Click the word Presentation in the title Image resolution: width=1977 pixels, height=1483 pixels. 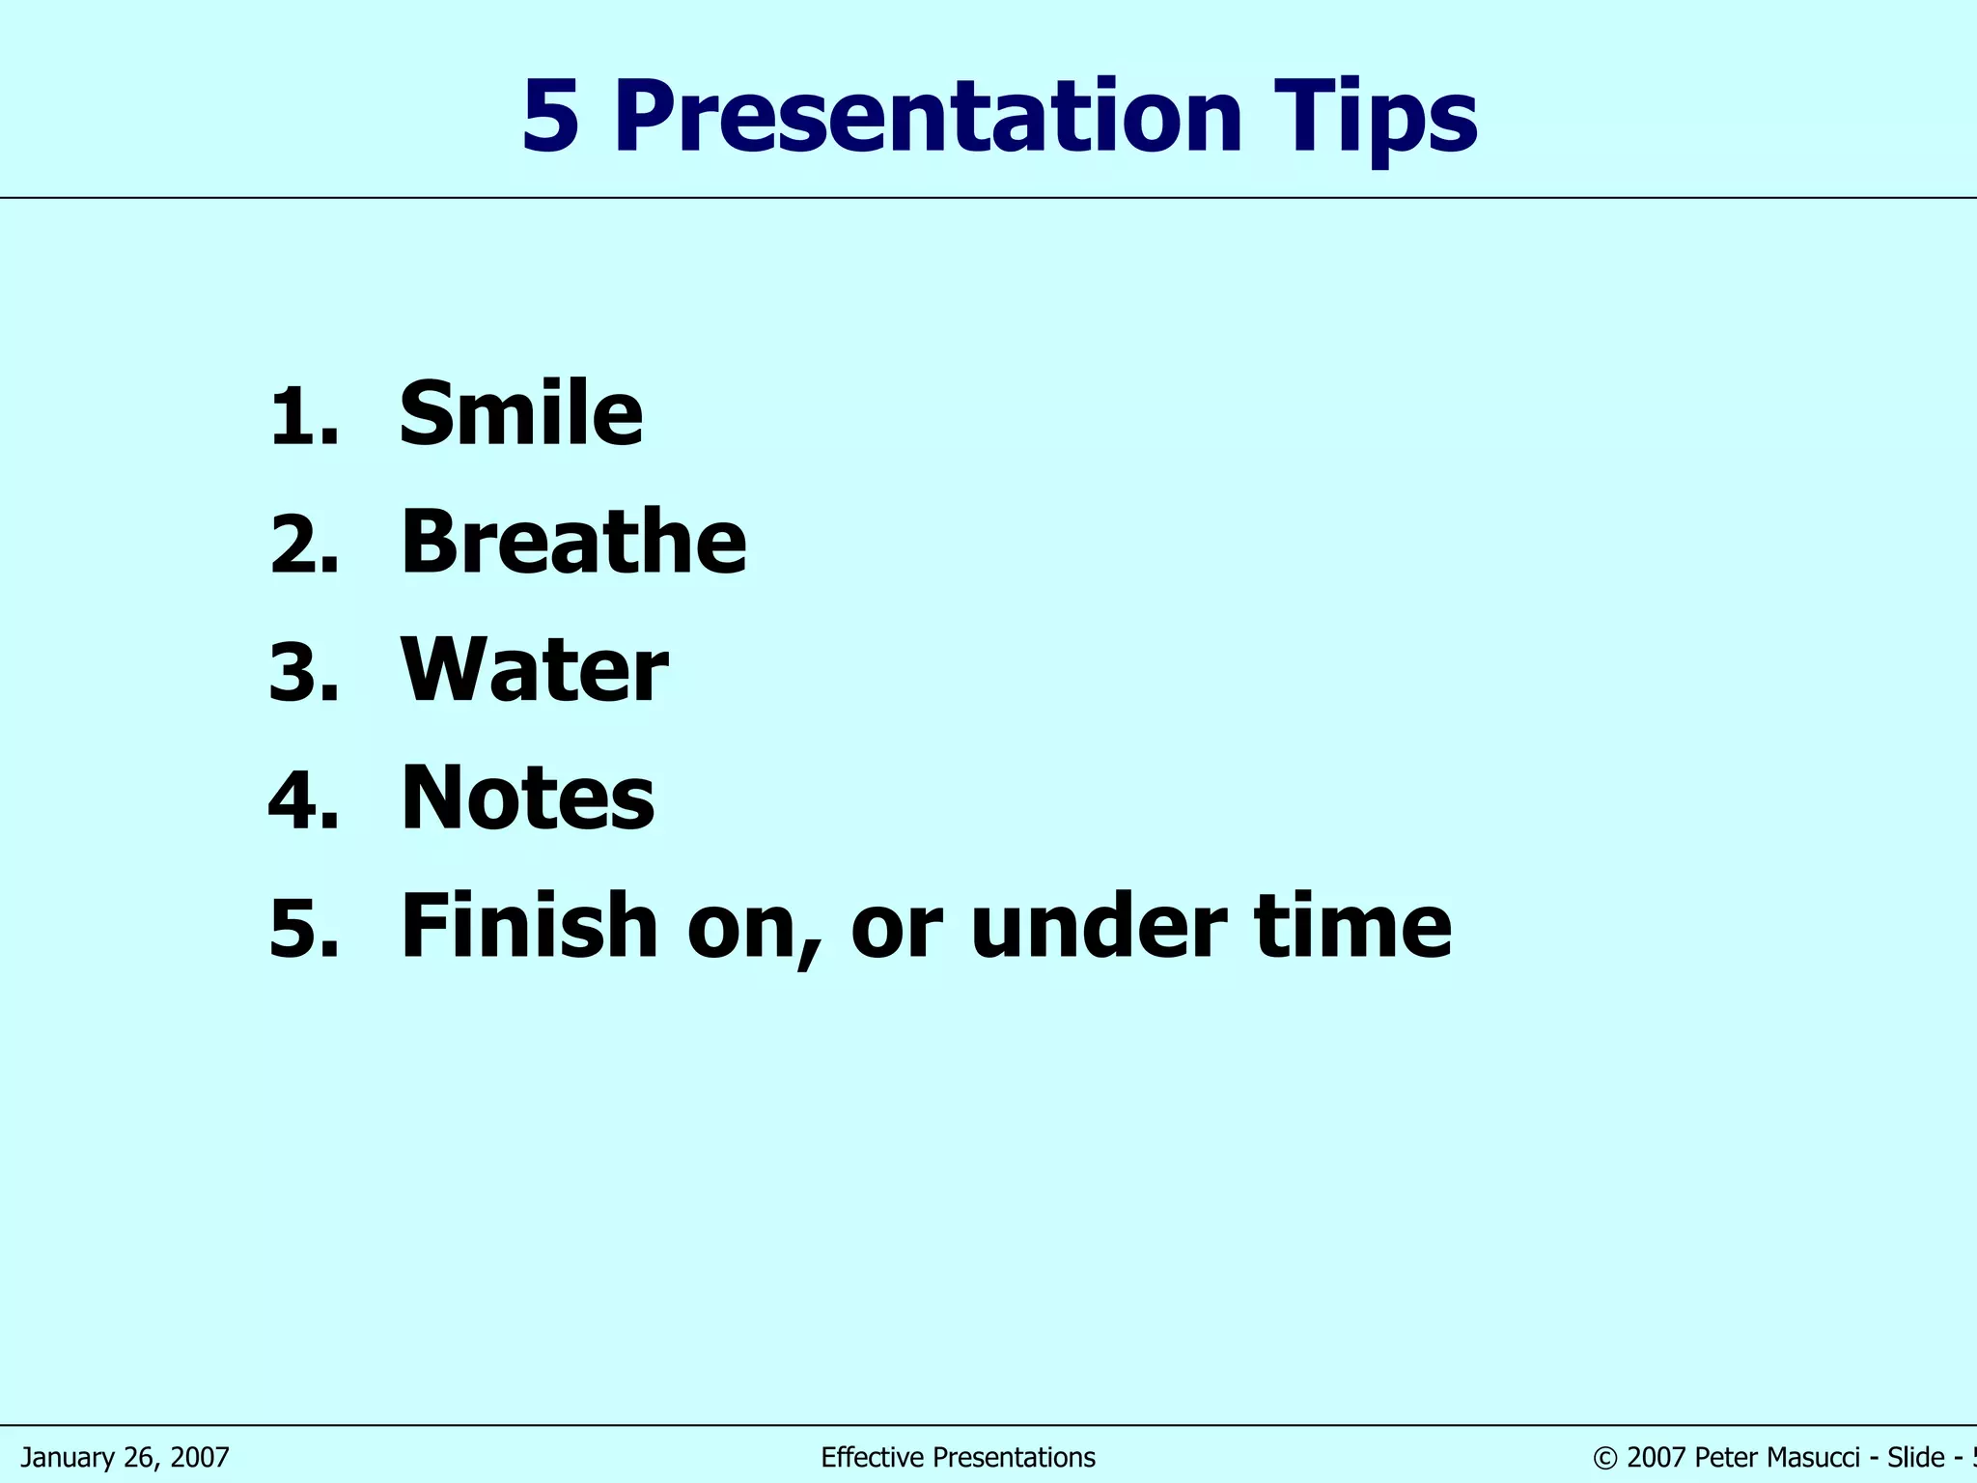click(x=927, y=118)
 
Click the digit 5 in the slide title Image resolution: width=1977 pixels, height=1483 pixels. click(x=550, y=118)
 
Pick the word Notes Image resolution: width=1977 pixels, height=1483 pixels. click(x=527, y=797)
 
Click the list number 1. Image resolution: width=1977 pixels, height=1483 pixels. click(x=303, y=417)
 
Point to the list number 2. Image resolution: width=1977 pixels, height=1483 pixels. click(x=303, y=545)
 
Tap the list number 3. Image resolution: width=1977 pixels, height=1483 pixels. click(x=303, y=673)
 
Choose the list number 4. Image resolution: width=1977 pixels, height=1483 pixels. click(x=303, y=800)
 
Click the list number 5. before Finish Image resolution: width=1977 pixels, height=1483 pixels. click(x=303, y=929)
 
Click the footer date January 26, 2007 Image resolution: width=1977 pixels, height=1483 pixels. click(x=125, y=1457)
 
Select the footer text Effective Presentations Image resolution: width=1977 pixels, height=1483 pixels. click(x=958, y=1457)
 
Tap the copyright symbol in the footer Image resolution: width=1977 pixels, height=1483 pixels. click(x=1605, y=1458)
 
